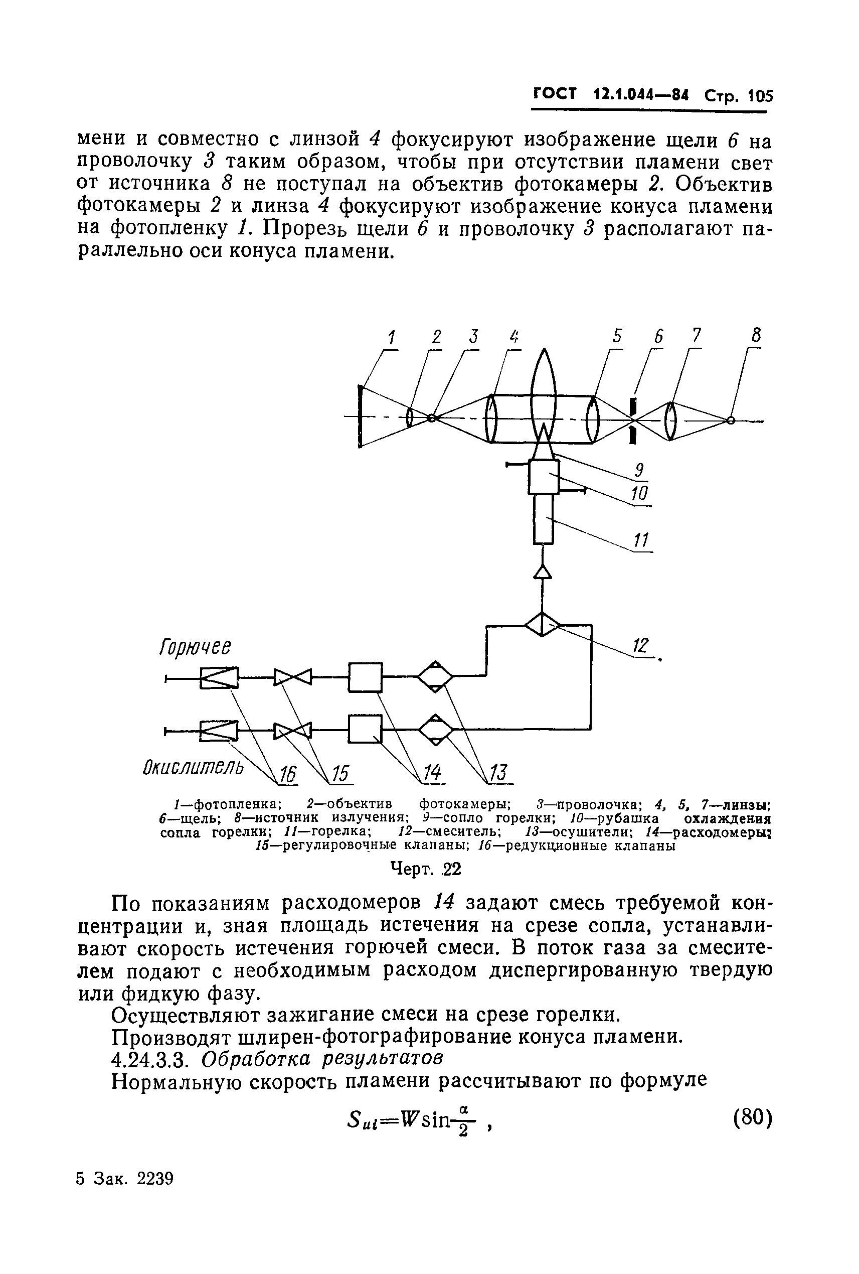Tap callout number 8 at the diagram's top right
[756, 335]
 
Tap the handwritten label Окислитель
[194, 766]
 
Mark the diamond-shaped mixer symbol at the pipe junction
[543, 624]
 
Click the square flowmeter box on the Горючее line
[366, 677]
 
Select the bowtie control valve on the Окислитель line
[292, 731]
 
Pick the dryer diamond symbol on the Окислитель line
[436, 730]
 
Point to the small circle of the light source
[730, 420]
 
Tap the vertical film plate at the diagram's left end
[360, 416]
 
